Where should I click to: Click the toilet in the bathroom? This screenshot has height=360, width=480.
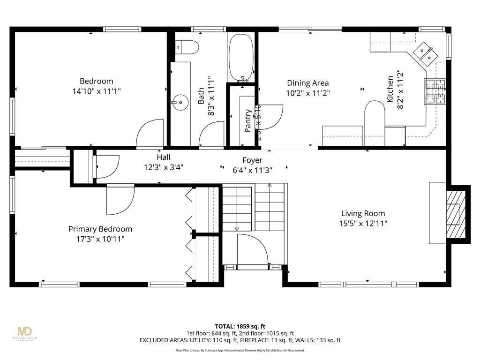pyautogui.click(x=187, y=46)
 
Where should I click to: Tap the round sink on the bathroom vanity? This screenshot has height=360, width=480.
pyautogui.click(x=178, y=100)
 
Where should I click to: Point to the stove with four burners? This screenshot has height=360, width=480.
pyautogui.click(x=435, y=91)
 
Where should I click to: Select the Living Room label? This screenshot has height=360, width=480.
pyautogui.click(x=363, y=213)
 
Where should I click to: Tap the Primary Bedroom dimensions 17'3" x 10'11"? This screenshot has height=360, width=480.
pyautogui.click(x=100, y=239)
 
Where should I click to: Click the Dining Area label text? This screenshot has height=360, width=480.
pyautogui.click(x=307, y=83)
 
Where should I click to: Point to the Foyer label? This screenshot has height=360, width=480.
pyautogui.click(x=252, y=160)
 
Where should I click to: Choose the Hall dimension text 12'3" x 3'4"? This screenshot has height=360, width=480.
pyautogui.click(x=164, y=167)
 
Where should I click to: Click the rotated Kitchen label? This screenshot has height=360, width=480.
pyautogui.click(x=390, y=89)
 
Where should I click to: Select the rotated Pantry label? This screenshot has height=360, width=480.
pyautogui.click(x=248, y=120)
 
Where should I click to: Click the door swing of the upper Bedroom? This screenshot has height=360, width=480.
pyautogui.click(x=150, y=133)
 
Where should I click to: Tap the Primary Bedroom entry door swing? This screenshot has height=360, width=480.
pyautogui.click(x=120, y=199)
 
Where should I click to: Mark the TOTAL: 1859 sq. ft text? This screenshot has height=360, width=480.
pyautogui.click(x=240, y=326)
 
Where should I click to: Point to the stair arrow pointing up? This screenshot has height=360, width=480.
pyautogui.click(x=269, y=186)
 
